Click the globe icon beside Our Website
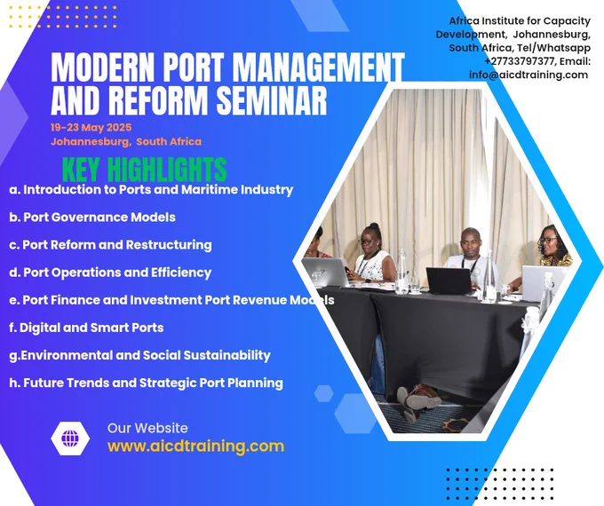coord(70,439)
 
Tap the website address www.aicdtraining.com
coord(195,446)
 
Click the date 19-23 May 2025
coord(91,128)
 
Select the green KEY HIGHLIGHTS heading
coord(145,170)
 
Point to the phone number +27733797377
coord(519,61)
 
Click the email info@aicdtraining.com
coord(528,75)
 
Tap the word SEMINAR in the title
coord(272,99)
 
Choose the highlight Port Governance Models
coord(92,217)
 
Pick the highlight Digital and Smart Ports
coord(86,328)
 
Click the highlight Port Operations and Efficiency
coord(110,273)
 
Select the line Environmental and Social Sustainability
coord(139,355)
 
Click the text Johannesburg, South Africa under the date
coord(126,142)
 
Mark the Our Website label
coord(147,428)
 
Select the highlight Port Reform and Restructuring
coord(110,245)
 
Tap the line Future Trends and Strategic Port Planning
coord(146,383)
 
